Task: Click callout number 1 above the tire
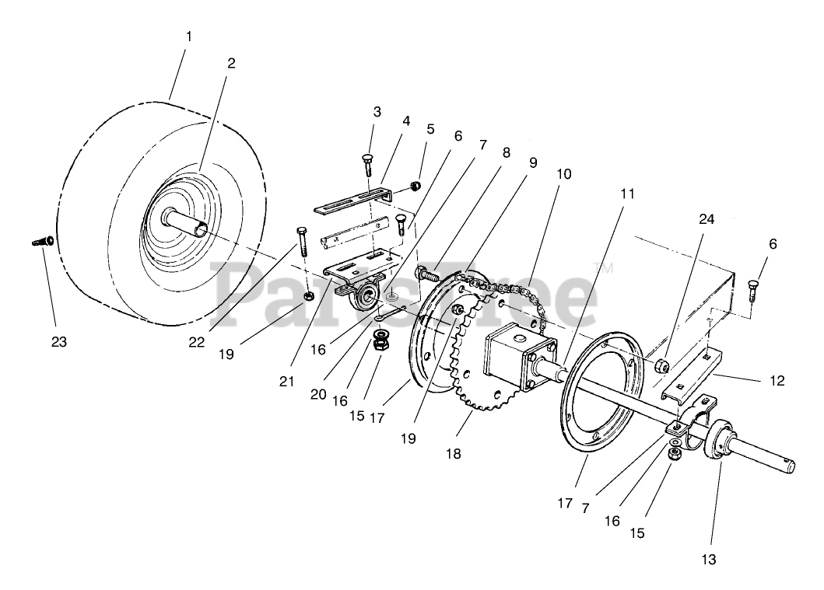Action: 188,37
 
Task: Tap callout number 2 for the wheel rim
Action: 230,64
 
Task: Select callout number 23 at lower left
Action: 58,341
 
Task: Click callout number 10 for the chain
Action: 563,173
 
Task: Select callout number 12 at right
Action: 777,381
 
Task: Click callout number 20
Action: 317,393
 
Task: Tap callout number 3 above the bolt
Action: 377,111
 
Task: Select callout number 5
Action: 430,128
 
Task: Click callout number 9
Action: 533,162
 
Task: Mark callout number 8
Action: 507,152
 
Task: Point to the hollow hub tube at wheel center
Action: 187,222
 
